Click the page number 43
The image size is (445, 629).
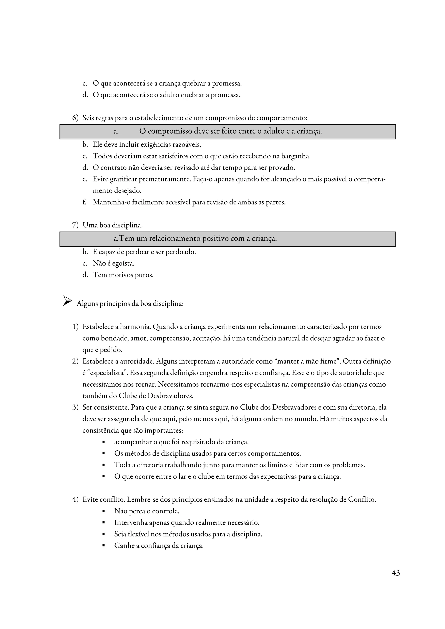coord(396,573)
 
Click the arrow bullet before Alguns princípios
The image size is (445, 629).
coord(67,301)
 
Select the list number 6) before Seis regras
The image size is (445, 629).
coord(75,118)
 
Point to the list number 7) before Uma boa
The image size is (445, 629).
coord(75,225)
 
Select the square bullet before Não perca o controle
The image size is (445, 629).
coord(104,511)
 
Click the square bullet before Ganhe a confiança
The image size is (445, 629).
coord(104,546)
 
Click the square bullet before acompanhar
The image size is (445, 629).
coord(104,442)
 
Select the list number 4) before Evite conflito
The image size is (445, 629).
coord(75,499)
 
